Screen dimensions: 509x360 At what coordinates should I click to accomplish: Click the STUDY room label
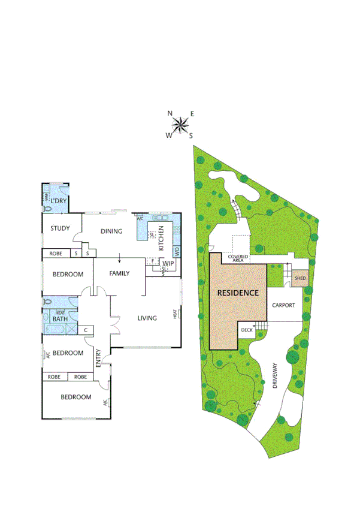[60, 228]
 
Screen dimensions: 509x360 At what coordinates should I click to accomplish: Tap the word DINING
[111, 231]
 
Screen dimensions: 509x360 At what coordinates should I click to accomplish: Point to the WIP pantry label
[168, 263]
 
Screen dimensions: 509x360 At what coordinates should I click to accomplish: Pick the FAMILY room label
[119, 273]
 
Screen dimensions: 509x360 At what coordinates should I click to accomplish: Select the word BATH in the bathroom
[60, 319]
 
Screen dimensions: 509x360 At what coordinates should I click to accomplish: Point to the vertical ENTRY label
[98, 358]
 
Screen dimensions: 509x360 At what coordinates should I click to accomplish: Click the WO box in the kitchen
[176, 251]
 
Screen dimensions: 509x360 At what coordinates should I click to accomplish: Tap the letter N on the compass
[170, 113]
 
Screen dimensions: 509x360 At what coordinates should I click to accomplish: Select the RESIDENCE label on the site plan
[238, 293]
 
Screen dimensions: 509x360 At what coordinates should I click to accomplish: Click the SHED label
[300, 278]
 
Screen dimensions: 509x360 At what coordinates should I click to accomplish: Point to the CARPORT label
[283, 305]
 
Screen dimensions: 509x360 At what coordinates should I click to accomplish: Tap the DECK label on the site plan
[247, 330]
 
